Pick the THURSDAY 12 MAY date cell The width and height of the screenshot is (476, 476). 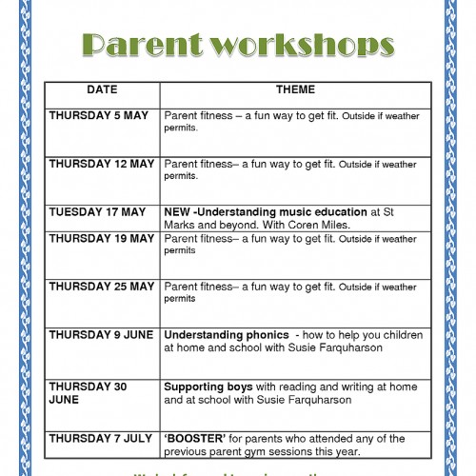click(101, 164)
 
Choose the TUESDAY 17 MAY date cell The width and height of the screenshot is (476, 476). click(96, 212)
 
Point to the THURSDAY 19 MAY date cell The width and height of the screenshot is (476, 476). click(101, 237)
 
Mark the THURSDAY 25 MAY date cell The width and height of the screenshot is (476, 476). click(101, 286)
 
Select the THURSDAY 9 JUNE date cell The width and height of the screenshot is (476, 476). click(101, 335)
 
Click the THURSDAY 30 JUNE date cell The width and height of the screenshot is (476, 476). click(88, 393)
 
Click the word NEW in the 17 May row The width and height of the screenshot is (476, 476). click(177, 212)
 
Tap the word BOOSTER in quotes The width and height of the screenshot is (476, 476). click(195, 438)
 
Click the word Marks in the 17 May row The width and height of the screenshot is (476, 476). click(181, 225)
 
